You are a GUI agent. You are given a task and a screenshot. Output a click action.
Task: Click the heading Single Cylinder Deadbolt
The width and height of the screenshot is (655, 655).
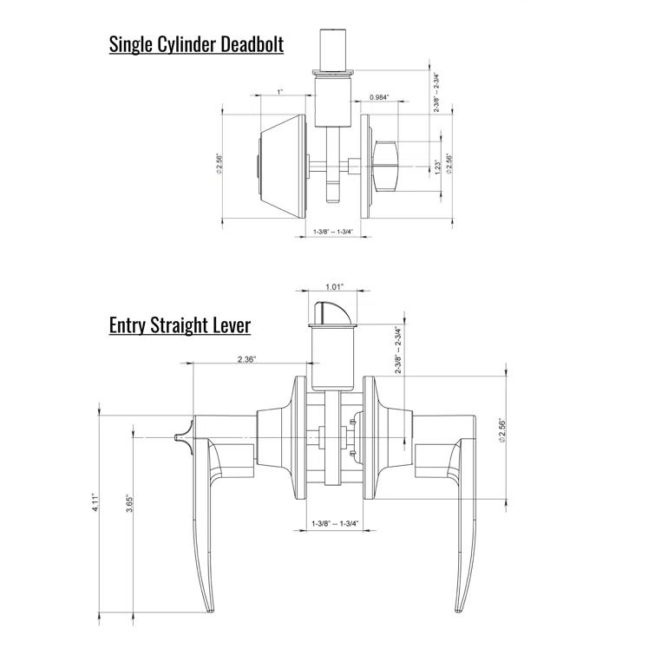[196, 44]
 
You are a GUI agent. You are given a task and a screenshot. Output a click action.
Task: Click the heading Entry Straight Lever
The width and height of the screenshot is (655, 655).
[180, 325]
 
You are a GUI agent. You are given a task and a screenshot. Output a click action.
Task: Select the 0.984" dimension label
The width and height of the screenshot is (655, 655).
[378, 97]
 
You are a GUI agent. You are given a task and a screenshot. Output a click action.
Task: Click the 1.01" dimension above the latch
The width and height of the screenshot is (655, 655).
[334, 286]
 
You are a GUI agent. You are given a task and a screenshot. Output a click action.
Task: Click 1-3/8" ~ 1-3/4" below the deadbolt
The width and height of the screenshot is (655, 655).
[334, 232]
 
